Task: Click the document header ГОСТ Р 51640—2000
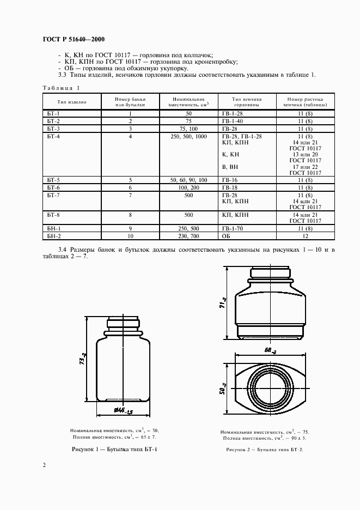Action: click(73, 40)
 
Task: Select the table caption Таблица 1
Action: click(61, 88)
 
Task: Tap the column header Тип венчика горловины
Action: click(247, 102)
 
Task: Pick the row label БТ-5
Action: click(53, 179)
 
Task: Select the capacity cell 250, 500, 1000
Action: click(188, 136)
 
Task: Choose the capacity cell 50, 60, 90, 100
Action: click(188, 179)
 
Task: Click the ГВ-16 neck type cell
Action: click(231, 179)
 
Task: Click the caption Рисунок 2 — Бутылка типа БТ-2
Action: click(264, 450)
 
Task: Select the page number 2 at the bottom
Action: click(44, 465)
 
